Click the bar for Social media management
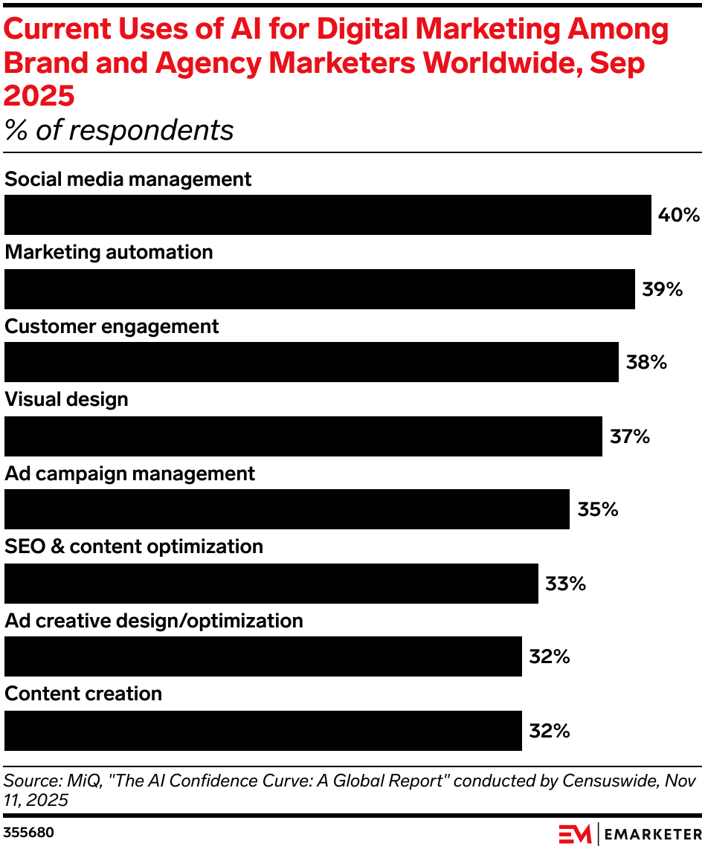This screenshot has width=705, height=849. [x=327, y=215]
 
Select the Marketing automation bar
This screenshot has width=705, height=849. [x=320, y=288]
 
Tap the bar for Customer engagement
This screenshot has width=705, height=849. [x=311, y=362]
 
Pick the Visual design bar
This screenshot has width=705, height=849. [x=303, y=436]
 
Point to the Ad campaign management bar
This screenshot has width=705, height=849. [x=286, y=509]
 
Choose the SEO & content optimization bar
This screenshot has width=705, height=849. [x=271, y=583]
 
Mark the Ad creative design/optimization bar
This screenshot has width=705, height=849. [x=263, y=656]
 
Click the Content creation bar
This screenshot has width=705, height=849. [x=263, y=730]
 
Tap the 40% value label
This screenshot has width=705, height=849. [x=679, y=216]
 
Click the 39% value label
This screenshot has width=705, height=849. [x=663, y=289]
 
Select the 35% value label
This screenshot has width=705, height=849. [x=598, y=510]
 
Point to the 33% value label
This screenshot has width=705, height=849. [x=566, y=584]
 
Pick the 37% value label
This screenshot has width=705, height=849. [x=630, y=436]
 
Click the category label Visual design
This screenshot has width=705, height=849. [x=66, y=399]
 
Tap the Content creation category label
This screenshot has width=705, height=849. [x=83, y=694]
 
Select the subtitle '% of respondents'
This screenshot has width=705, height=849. [x=119, y=131]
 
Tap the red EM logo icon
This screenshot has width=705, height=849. [x=575, y=833]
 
